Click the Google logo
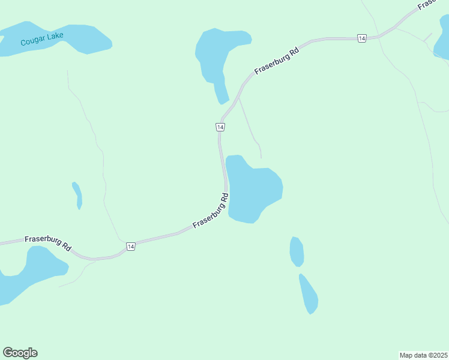[x=20, y=353]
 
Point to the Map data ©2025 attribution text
[x=424, y=355]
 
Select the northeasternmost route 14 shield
[x=361, y=38]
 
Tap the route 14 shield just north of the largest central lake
[x=220, y=127]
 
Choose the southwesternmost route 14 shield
[x=131, y=246]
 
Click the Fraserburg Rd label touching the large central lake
[x=211, y=210]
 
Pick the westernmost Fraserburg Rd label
[x=48, y=242]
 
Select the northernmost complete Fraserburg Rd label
[x=276, y=61]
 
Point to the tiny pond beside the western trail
[x=77, y=195]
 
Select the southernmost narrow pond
[x=309, y=294]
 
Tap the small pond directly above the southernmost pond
[x=297, y=251]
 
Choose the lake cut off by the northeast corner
[x=442, y=39]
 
